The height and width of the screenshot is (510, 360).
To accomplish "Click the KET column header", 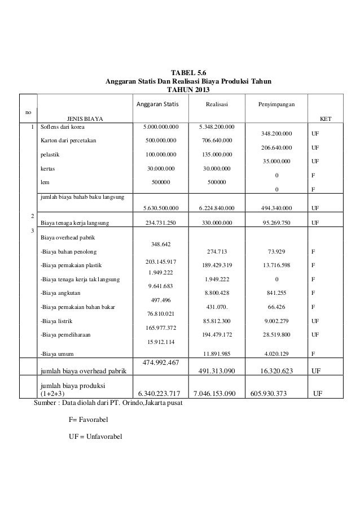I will pos(326,119).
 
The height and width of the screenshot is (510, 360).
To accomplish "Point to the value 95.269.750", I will pos(276,223).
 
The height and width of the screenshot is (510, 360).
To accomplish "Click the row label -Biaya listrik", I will pos(56,321).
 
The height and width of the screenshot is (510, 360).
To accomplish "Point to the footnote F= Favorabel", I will pos(89,420).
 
